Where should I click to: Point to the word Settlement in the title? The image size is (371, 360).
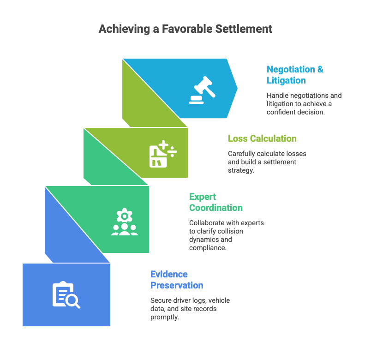tap(244, 29)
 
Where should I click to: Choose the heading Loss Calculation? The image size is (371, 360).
tap(262, 138)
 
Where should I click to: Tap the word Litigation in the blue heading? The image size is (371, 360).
tap(286, 80)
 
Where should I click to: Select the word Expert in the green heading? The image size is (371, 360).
tap(203, 197)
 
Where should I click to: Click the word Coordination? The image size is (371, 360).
tap(215, 208)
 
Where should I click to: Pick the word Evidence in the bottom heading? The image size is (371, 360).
tap(169, 274)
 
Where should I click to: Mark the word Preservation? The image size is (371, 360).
tap(176, 285)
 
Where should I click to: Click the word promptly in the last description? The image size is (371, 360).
tap(164, 317)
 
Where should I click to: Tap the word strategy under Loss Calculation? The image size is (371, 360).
tap(241, 170)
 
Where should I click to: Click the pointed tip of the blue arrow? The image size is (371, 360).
tap(237, 88)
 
